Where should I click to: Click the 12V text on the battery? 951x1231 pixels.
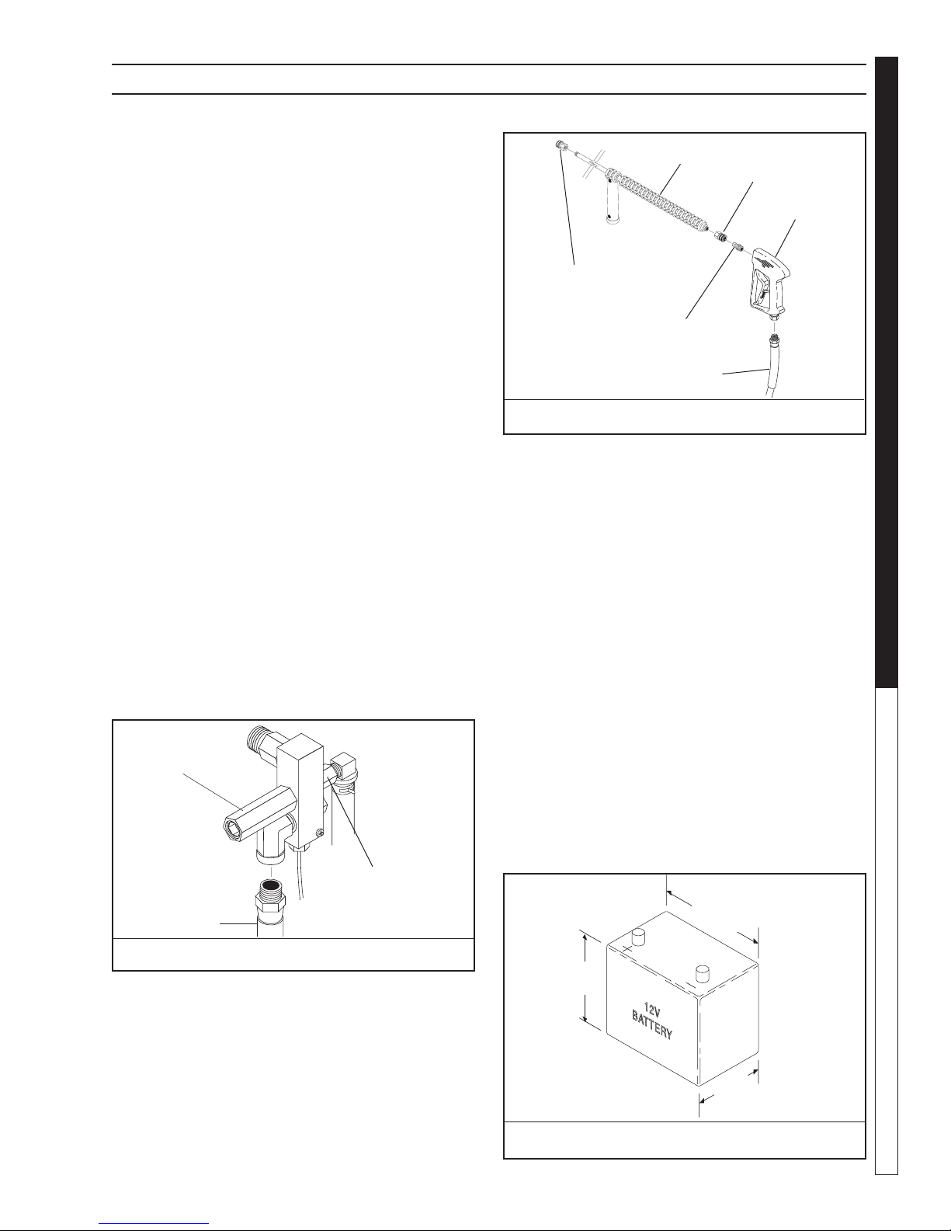tap(653, 1010)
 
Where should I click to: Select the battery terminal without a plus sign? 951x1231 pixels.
tap(703, 973)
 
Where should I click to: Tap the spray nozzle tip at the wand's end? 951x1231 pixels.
tap(561, 145)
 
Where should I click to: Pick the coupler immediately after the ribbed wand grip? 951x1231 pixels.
tap(720, 235)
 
